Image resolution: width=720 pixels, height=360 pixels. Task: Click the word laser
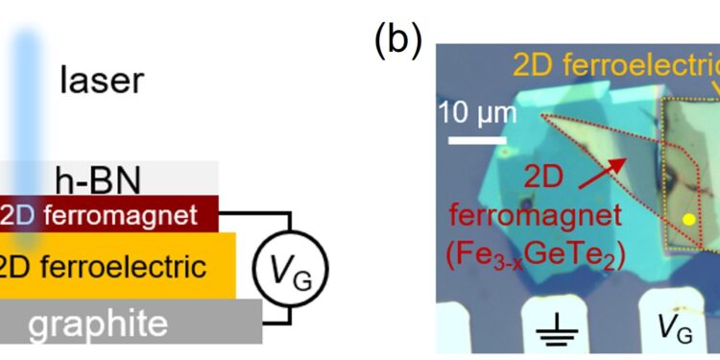tap(101, 81)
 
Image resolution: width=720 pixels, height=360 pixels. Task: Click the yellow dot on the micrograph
tap(688, 220)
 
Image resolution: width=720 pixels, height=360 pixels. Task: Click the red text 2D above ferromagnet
tap(551, 180)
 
